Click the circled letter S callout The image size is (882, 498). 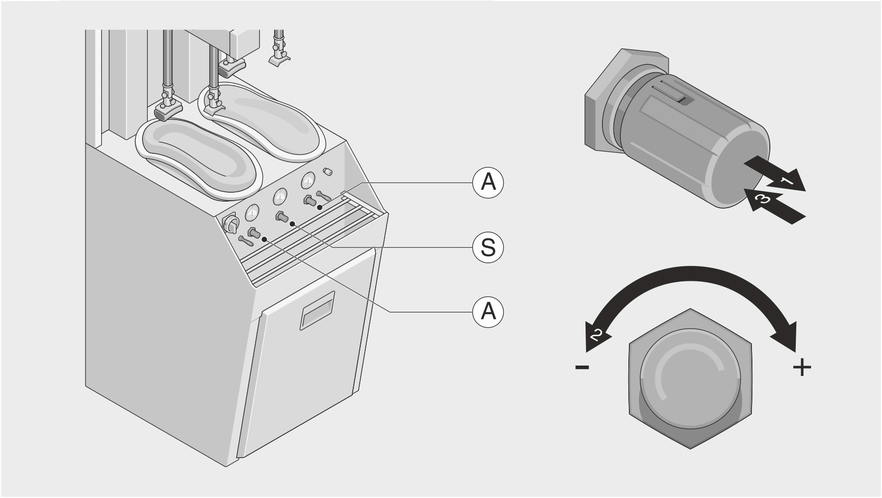(488, 248)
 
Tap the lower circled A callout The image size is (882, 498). (488, 312)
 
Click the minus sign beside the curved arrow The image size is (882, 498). (582, 368)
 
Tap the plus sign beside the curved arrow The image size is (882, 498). (802, 368)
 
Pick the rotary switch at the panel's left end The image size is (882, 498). (231, 224)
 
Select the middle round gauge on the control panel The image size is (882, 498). (280, 198)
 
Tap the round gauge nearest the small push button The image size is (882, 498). (308, 181)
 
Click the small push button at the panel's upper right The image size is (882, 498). (327, 171)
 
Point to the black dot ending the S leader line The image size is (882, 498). (293, 224)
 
